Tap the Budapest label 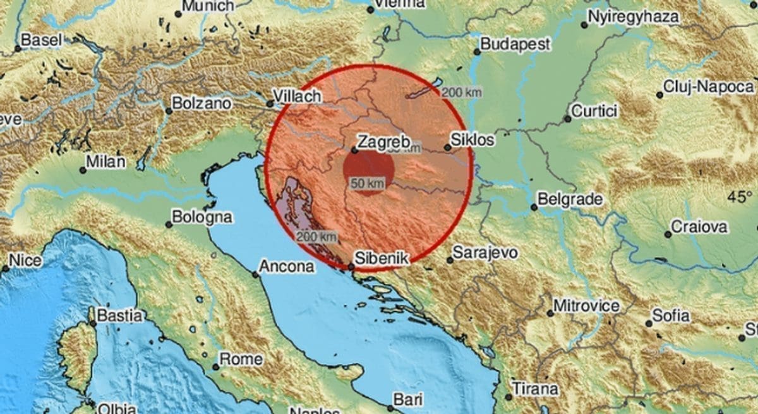pos(515,44)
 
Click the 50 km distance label pos(367,183)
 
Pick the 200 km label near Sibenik pos(316,236)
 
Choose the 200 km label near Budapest pos(461,93)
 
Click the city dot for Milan pos(83,170)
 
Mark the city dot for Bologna pos(169,224)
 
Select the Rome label pos(241,360)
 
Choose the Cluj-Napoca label pos(708,87)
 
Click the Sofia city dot pos(649,324)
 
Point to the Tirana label pos(535,388)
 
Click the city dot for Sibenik pos(351,267)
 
